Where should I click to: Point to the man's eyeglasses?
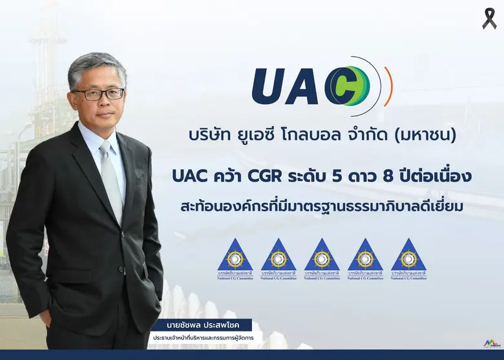(98, 94)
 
